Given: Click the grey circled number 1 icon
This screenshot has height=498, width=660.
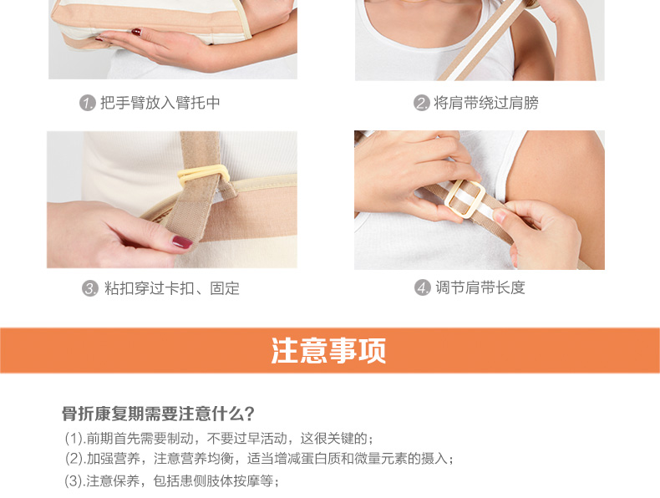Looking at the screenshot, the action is click(x=88, y=103).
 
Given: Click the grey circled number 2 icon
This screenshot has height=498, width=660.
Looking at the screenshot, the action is click(x=421, y=103).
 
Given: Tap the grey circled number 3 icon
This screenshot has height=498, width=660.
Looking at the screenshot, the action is click(x=90, y=288).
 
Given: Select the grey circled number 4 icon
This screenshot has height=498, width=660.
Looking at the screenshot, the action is click(x=423, y=287).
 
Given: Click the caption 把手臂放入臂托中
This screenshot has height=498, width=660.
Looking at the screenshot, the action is click(x=160, y=103).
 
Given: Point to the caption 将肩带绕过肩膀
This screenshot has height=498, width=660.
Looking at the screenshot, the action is click(x=486, y=103).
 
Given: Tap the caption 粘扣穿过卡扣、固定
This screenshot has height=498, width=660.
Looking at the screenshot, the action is click(x=172, y=288).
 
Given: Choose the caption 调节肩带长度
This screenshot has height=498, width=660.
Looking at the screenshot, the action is click(x=480, y=287).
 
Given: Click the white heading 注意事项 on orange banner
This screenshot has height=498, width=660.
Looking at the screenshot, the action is click(x=328, y=350).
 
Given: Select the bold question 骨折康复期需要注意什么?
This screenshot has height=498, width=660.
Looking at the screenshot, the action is click(x=158, y=414).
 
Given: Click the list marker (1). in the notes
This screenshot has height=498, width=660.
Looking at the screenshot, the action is click(x=75, y=439).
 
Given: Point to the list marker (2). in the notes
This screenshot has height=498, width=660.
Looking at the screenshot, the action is click(x=75, y=459).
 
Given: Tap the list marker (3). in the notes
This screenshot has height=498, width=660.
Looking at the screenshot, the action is click(x=75, y=480).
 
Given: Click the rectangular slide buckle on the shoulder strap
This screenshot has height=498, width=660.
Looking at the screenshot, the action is click(x=465, y=199).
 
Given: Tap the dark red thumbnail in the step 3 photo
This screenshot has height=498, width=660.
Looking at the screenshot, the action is click(x=182, y=242).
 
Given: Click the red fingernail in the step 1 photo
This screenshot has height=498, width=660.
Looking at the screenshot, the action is click(x=136, y=32).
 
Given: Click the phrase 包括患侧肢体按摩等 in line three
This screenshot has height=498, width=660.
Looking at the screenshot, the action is click(x=213, y=480).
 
